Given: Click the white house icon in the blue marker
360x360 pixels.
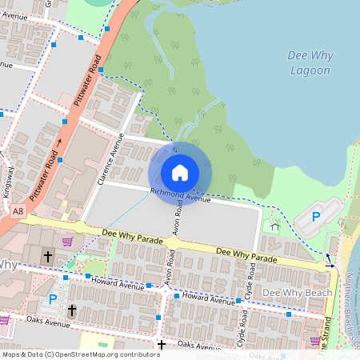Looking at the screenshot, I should (x=180, y=173).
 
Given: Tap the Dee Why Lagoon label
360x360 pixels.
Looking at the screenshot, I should (x=309, y=62).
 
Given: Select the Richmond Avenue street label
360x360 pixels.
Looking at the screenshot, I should (x=181, y=194).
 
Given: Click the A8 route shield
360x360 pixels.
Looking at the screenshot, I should (x=18, y=211).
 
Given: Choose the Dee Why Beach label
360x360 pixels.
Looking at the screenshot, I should (x=297, y=293).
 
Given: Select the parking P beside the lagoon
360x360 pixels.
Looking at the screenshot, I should (x=315, y=217).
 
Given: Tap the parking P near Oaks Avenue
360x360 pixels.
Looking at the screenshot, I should (x=53, y=298).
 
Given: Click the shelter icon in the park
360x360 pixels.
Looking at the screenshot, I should (x=276, y=226).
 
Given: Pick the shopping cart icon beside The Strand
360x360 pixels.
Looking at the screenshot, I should (x=315, y=341).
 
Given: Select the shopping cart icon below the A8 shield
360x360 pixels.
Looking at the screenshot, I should (x=68, y=241).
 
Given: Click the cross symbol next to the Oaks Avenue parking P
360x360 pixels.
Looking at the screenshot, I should (x=71, y=309).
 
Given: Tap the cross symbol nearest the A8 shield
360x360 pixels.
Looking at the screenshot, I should (x=48, y=257).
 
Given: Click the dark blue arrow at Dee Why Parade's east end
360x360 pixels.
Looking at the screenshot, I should (x=328, y=264).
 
